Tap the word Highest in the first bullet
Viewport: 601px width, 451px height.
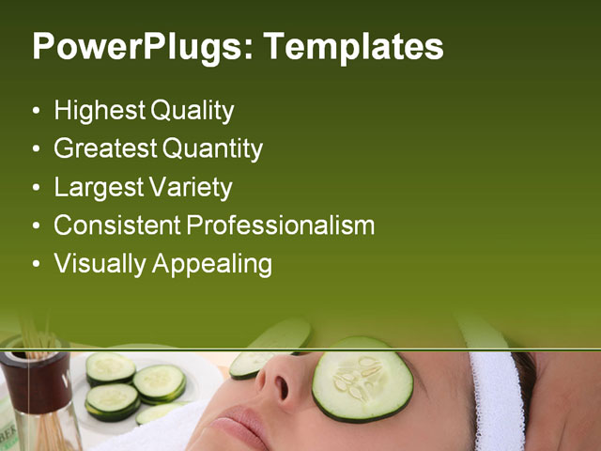coord(99,111)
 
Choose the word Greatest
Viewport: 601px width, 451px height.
coord(105,148)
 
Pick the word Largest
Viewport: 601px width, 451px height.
coord(97,187)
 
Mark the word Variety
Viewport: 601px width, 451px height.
coord(188,187)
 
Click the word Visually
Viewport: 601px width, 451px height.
coord(97,264)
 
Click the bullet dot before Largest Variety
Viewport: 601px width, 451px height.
coord(36,188)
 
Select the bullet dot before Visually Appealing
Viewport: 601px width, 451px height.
coord(36,265)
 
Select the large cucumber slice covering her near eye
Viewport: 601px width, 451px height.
coord(362,379)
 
